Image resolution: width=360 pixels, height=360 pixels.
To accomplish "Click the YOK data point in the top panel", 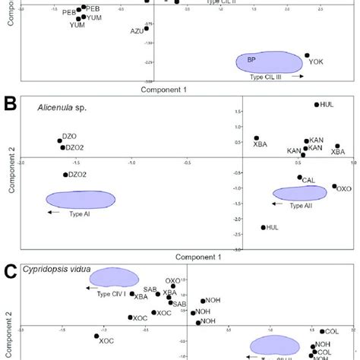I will tap(308, 55).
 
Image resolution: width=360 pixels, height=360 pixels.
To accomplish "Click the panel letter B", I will tap(10, 103).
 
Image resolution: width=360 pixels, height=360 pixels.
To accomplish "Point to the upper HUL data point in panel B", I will tap(317, 105).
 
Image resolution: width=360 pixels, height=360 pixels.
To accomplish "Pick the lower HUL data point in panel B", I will tap(264, 227).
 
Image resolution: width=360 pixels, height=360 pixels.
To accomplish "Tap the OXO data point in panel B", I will tap(334, 186).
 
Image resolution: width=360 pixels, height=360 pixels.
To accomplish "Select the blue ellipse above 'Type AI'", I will tap(81, 199).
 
